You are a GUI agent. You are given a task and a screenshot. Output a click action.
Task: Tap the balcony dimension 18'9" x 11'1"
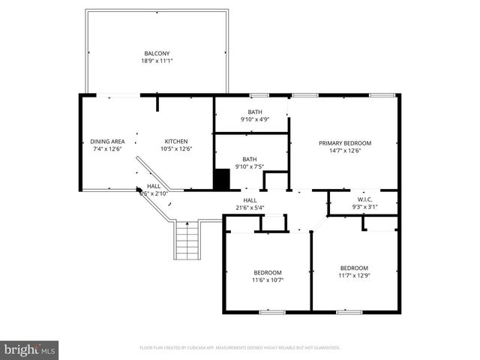pyautogui.click(x=157, y=61)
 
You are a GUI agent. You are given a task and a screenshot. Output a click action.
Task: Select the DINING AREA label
pyautogui.click(x=107, y=141)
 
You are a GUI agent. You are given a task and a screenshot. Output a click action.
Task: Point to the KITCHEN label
pyautogui.click(x=176, y=141)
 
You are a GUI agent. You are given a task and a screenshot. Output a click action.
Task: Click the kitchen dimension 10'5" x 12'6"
pyautogui.click(x=176, y=148)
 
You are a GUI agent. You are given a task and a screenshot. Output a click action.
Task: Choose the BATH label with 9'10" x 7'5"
pyautogui.click(x=250, y=159)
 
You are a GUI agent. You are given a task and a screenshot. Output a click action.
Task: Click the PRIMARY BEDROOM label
pyautogui.click(x=345, y=142)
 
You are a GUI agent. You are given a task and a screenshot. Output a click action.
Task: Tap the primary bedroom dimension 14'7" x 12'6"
pyautogui.click(x=345, y=150)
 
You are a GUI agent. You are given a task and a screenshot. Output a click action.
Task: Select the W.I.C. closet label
pyautogui.click(x=364, y=199)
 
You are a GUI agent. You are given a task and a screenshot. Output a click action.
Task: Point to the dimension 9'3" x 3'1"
pyautogui.click(x=364, y=207)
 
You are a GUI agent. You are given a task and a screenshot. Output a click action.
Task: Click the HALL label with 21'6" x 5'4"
pyautogui.click(x=250, y=200)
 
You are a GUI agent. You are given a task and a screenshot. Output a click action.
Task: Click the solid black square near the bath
pyautogui.click(x=221, y=180)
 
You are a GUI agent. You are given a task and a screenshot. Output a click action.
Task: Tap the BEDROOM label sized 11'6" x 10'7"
pyautogui.click(x=267, y=272)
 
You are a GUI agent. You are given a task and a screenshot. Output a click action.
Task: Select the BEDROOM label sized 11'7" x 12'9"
pyautogui.click(x=354, y=268)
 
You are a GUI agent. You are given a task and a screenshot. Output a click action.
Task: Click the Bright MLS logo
pyautogui.click(x=30, y=349)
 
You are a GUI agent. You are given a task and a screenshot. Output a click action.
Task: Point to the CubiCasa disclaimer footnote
pyautogui.click(x=240, y=348)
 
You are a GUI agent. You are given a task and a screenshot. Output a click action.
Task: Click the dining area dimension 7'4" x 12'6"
pyautogui.click(x=107, y=148)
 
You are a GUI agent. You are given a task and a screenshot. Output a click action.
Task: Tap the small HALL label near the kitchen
pyautogui.click(x=153, y=186)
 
